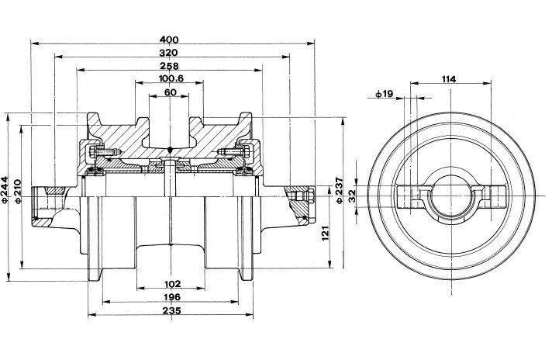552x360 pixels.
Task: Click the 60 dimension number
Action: pos(170,93)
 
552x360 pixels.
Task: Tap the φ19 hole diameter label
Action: pos(384,94)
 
